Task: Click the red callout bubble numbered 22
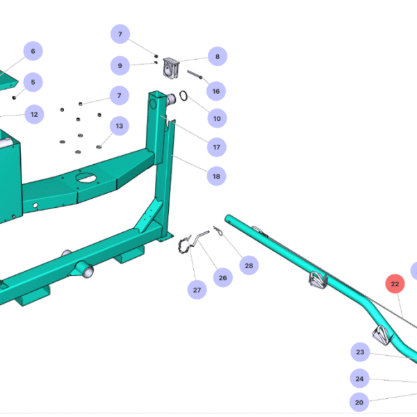(395, 284)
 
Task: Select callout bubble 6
(33, 51)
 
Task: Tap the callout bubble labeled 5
(33, 81)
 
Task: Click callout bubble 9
(120, 66)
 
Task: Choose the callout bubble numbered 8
(217, 57)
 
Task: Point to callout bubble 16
(216, 91)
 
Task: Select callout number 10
(217, 119)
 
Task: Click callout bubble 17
(217, 147)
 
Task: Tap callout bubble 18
(216, 177)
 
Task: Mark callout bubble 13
(120, 126)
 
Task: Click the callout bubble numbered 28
(249, 265)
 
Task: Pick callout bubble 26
(222, 278)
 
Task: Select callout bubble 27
(197, 290)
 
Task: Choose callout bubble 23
(360, 352)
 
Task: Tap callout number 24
(359, 379)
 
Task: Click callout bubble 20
(359, 401)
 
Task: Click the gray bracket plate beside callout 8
(172, 69)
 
